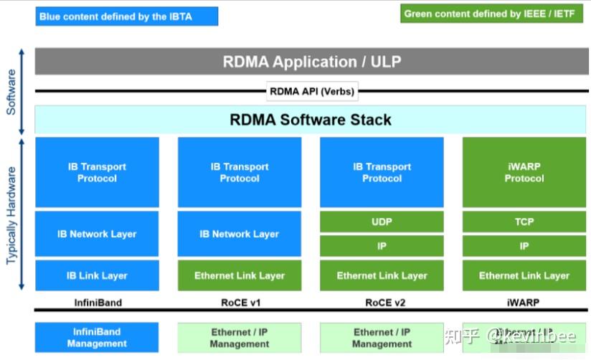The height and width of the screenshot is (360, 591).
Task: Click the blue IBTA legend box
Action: [x=126, y=16]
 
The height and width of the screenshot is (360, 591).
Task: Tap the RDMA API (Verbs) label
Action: [x=312, y=91]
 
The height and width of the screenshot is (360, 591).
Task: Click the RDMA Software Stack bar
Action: [x=311, y=119]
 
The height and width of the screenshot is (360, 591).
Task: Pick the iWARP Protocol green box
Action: [x=524, y=173]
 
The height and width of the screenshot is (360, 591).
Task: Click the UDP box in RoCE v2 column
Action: [x=382, y=222]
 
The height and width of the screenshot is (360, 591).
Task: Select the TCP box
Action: [x=524, y=222]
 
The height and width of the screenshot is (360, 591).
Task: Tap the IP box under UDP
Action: [x=382, y=246]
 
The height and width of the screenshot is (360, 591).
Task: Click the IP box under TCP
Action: [x=524, y=246]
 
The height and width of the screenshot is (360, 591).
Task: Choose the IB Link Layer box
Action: [x=97, y=275]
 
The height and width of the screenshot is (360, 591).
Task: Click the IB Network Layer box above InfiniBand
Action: [x=97, y=234]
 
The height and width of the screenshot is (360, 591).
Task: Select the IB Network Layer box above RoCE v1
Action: [x=240, y=234]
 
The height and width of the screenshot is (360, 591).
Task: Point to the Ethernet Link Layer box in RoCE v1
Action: [x=240, y=275]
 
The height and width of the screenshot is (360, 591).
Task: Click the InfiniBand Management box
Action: [x=97, y=338]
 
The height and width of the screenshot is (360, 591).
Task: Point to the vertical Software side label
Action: [x=11, y=93]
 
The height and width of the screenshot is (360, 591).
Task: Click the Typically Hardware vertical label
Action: [x=11, y=215]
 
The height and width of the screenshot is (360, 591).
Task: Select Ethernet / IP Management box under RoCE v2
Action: [x=382, y=338]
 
